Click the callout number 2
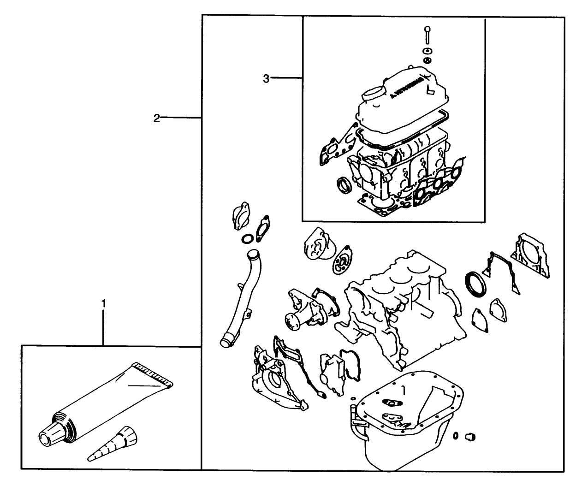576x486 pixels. (156, 119)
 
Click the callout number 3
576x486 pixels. (266, 78)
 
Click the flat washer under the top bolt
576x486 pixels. (428, 51)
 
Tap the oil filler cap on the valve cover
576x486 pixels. (371, 94)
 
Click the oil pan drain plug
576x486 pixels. (470, 436)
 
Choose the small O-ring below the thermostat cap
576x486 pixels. (247, 238)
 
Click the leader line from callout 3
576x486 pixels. (286, 78)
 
